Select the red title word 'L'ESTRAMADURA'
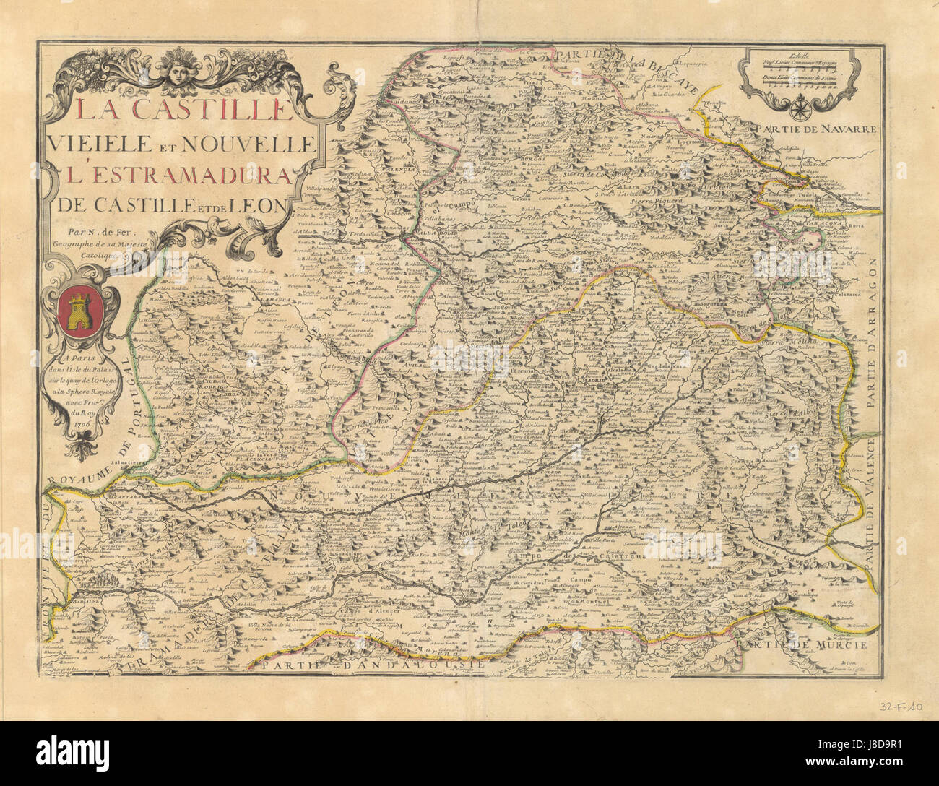pyautogui.click(x=173, y=175)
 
